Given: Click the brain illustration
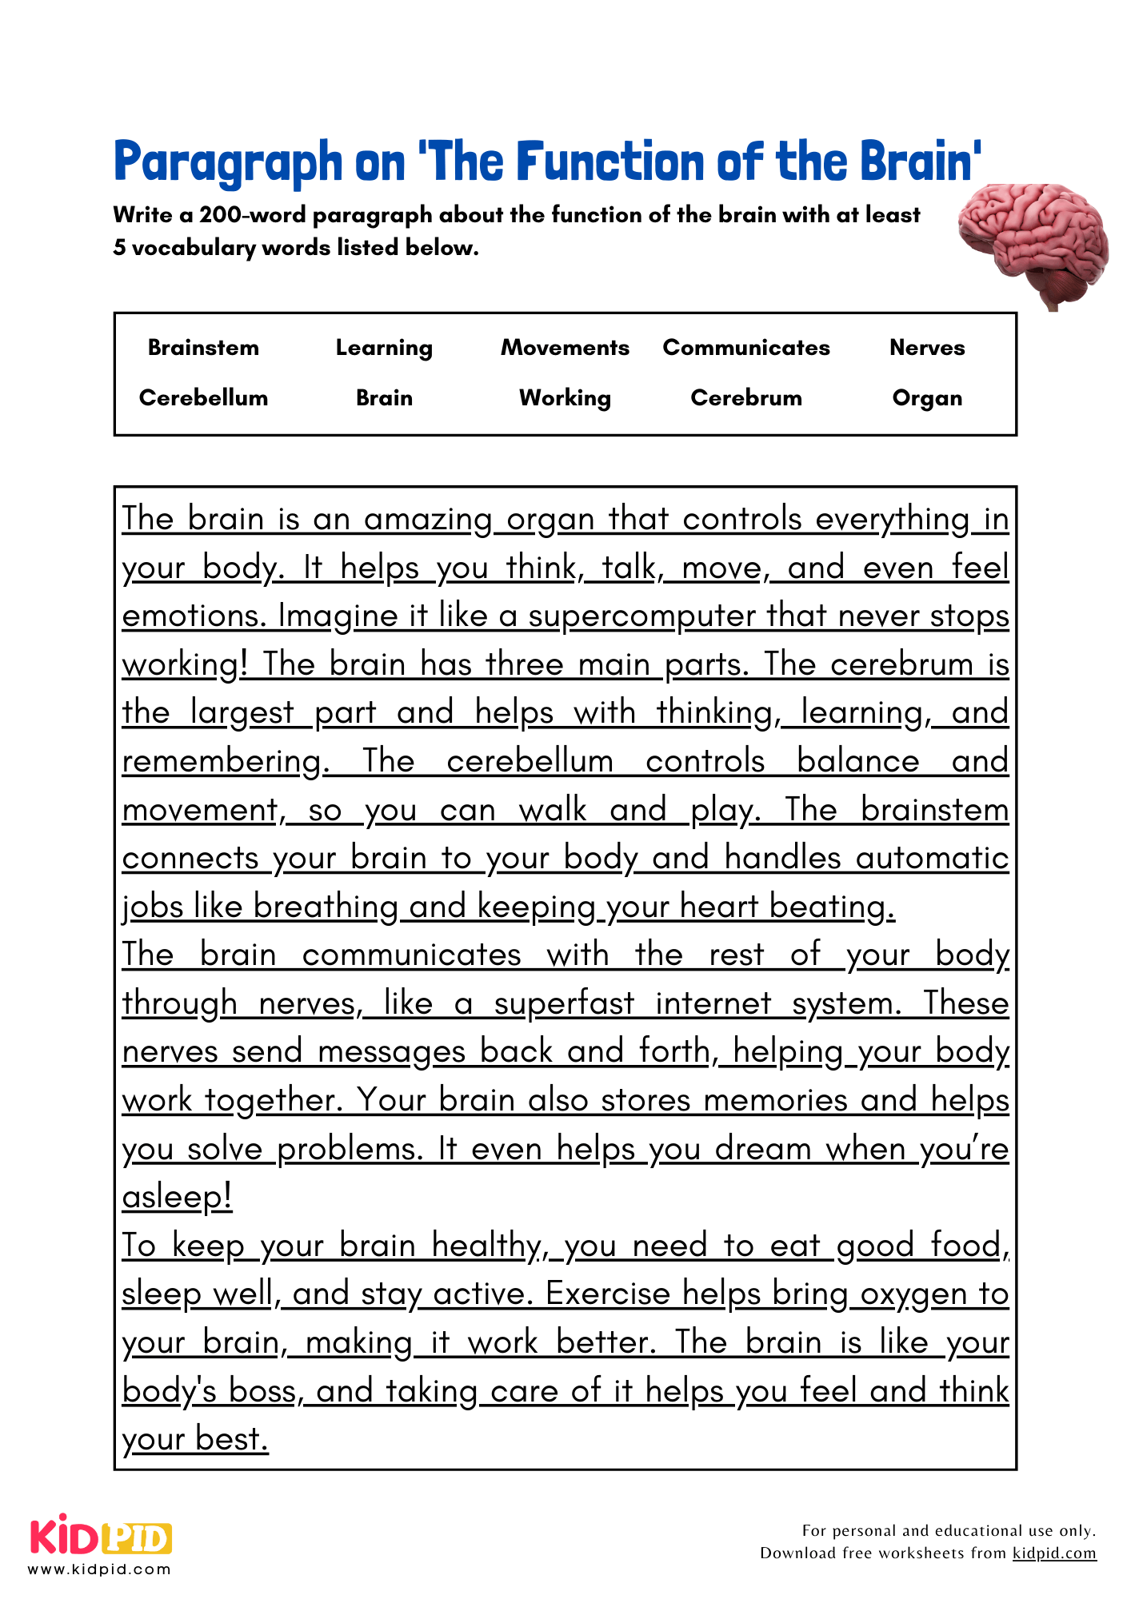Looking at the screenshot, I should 1034,244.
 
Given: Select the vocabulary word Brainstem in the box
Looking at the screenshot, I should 203,348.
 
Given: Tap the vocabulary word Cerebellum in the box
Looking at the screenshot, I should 203,398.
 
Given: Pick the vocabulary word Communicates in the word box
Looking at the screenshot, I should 745,348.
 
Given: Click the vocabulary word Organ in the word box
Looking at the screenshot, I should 927,398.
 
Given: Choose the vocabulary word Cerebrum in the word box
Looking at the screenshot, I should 745,398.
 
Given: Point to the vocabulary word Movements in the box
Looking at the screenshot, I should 565,348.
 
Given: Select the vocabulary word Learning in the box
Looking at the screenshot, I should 384,348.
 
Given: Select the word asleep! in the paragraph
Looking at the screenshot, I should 177,1197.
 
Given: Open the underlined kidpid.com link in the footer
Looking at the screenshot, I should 1053,1553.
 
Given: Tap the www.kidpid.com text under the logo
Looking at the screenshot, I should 99,1569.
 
